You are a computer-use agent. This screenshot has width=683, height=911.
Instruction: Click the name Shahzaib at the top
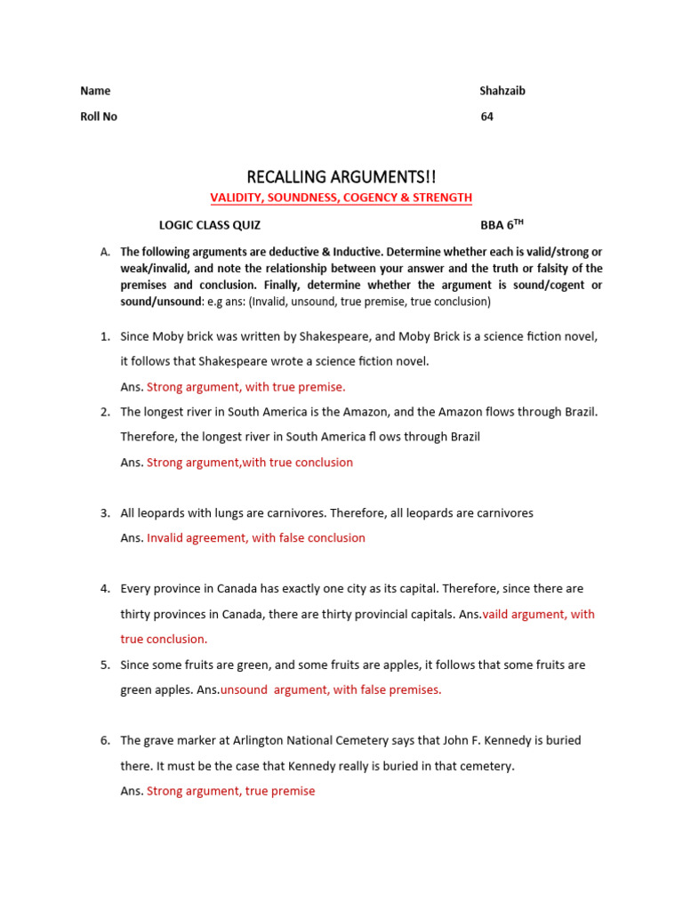pyautogui.click(x=502, y=91)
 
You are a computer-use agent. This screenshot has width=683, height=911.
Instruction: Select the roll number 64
pyautogui.click(x=487, y=117)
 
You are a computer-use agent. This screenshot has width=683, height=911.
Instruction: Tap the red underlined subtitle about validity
pyautogui.click(x=341, y=198)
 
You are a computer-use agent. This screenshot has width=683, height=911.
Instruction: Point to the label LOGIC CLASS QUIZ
pyautogui.click(x=210, y=226)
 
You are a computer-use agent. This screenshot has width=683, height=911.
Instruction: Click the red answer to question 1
pyautogui.click(x=245, y=387)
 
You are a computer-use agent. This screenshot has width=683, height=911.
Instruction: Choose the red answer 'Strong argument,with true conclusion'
pyautogui.click(x=250, y=463)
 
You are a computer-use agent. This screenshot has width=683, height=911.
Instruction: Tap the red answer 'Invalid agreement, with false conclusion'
pyautogui.click(x=256, y=538)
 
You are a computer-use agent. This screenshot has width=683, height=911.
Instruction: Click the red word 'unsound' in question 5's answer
pyautogui.click(x=244, y=690)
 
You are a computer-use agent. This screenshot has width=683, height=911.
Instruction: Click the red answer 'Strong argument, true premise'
pyautogui.click(x=230, y=792)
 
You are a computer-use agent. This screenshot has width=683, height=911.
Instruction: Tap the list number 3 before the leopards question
pyautogui.click(x=104, y=513)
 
